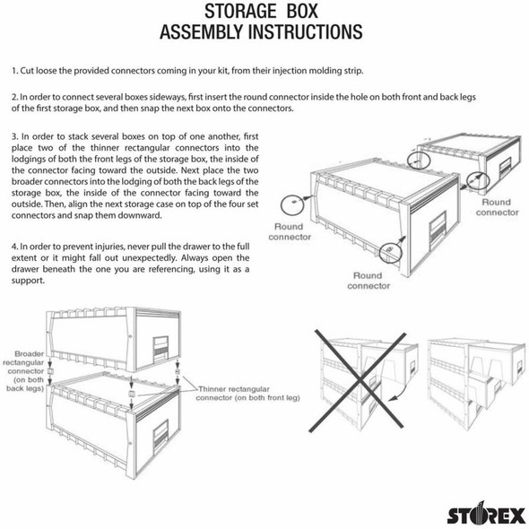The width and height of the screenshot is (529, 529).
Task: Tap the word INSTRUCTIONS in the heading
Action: [x=299, y=34]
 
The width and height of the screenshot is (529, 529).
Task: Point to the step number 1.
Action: [x=14, y=69]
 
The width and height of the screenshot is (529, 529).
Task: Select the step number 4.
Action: [x=14, y=247]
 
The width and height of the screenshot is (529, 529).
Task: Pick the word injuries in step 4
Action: [x=117, y=247]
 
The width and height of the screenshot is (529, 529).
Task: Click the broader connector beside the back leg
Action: [x=50, y=370]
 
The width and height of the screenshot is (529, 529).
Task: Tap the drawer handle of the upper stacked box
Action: [x=161, y=343]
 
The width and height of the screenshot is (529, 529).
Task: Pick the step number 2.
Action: [x=14, y=95]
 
